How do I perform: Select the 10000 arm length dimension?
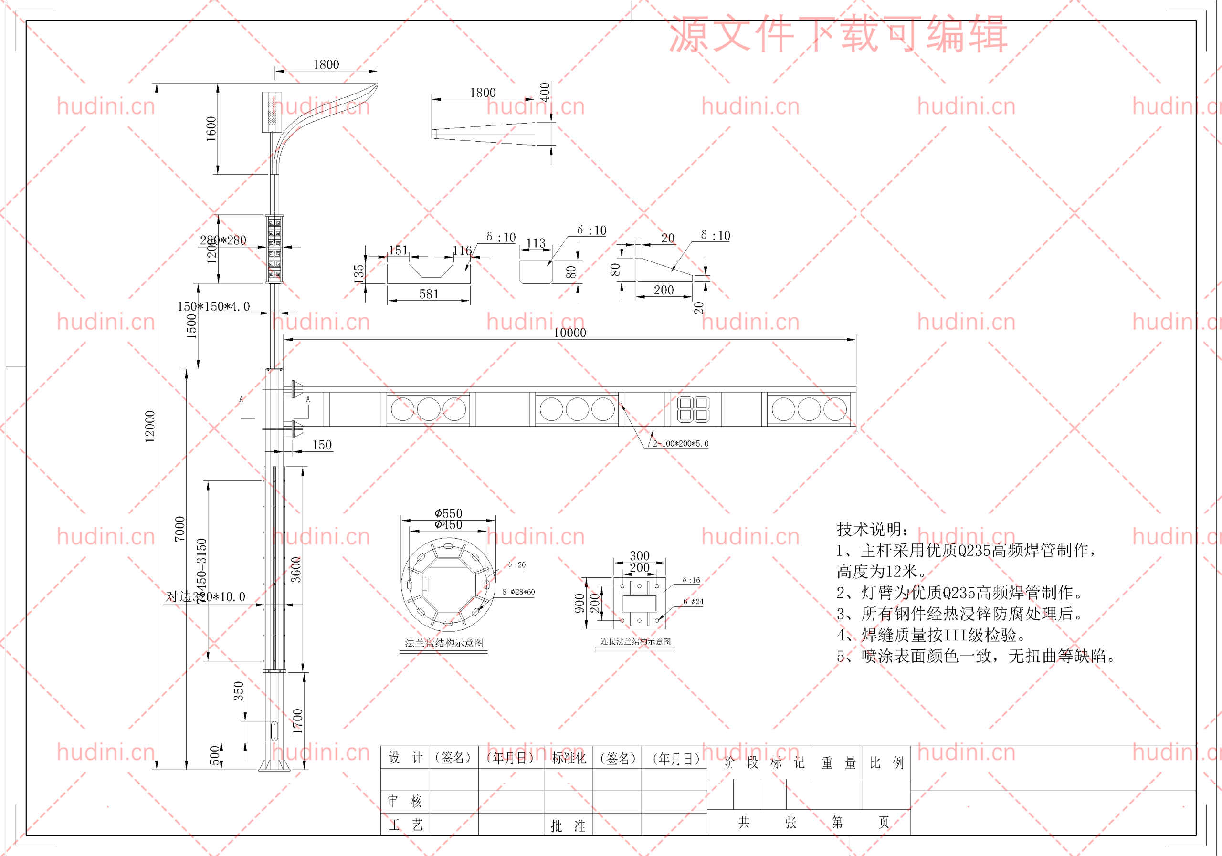pyautogui.click(x=569, y=333)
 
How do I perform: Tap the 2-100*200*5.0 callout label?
pyautogui.click(x=680, y=443)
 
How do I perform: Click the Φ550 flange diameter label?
pyautogui.click(x=448, y=513)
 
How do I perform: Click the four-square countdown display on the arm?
pyautogui.click(x=693, y=409)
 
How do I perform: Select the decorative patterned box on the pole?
pyautogui.click(x=274, y=249)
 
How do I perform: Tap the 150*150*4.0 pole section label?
pyautogui.click(x=213, y=306)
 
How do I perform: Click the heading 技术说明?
pyautogui.click(x=872, y=529)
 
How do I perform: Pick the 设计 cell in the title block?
pyautogui.click(x=405, y=758)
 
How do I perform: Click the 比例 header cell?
pyautogui.click(x=886, y=763)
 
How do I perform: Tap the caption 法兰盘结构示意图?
pyautogui.click(x=444, y=643)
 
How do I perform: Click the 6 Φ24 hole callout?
pyautogui.click(x=693, y=602)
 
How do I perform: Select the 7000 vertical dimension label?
pyautogui.click(x=180, y=529)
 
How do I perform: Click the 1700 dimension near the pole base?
pyautogui.click(x=297, y=721)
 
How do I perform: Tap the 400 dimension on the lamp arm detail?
pyautogui.click(x=544, y=92)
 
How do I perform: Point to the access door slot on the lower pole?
pyautogui.click(x=274, y=731)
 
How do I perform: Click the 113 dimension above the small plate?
pyautogui.click(x=536, y=243)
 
